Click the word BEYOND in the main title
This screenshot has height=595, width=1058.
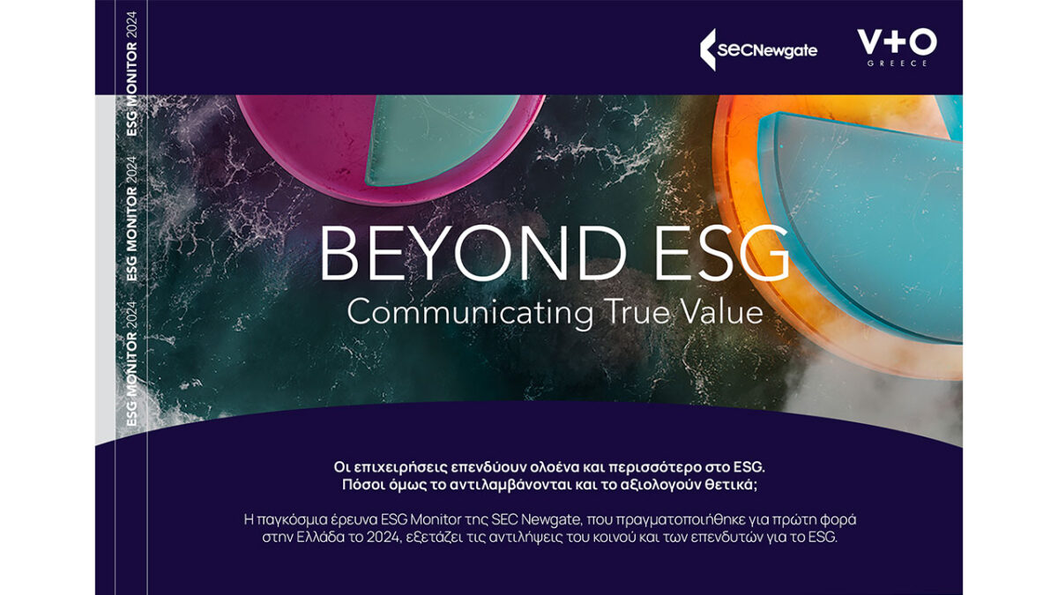point(473,253)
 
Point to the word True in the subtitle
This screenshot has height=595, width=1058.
point(637,312)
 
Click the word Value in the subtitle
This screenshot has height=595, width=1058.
point(722,312)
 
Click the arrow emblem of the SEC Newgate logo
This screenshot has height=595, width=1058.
point(707,49)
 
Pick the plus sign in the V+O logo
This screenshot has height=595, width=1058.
point(897,41)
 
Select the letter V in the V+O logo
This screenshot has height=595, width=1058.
point(870,41)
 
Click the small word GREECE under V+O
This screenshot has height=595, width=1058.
point(897,63)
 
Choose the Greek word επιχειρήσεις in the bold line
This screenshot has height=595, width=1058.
point(399,467)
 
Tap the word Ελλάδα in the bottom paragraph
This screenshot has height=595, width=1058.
point(320,538)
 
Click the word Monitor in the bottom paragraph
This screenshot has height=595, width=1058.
point(436,519)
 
